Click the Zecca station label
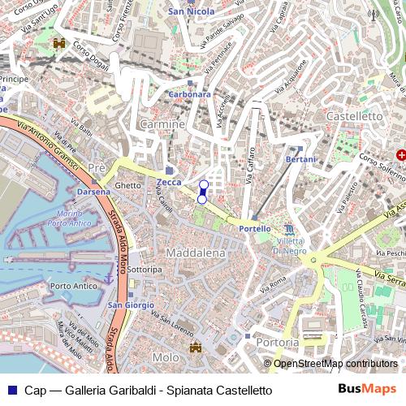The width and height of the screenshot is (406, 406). tap(170, 183)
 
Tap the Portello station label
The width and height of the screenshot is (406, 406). tap(254, 230)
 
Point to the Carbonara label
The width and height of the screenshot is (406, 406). tap(188, 94)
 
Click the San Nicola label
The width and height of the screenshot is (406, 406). tap(191, 11)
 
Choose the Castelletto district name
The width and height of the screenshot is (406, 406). tap(353, 117)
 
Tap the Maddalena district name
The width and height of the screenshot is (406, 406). tap(195, 254)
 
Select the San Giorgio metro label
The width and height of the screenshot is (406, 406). tap(127, 304)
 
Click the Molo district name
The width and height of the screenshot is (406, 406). tap(165, 357)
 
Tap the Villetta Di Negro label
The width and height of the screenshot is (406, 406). tap(290, 246)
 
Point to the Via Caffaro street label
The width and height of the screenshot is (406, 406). tap(251, 175)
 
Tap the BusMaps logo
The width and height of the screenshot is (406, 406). tap(367, 390)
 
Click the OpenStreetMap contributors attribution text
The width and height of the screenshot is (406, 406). tap(335, 364)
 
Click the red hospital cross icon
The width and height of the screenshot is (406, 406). tap(400, 154)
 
